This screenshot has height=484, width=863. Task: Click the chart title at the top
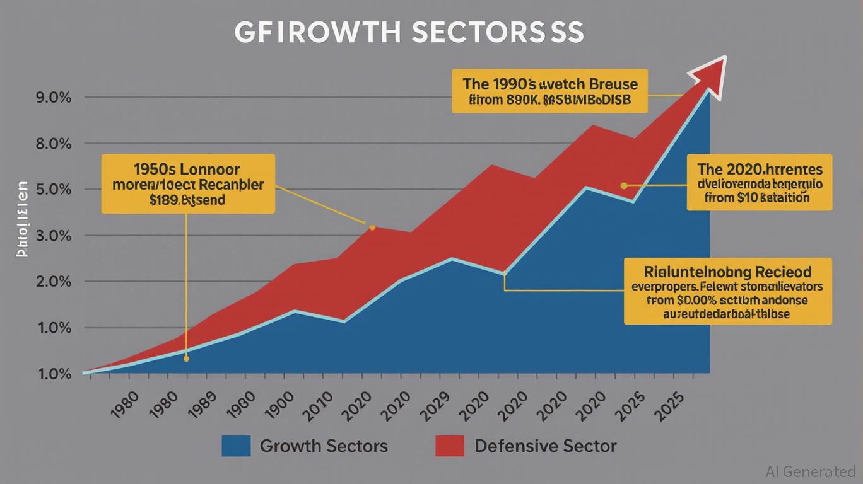[x=409, y=33]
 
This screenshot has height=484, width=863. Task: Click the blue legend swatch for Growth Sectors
[x=236, y=446]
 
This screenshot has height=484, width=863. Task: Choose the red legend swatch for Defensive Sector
[x=450, y=446]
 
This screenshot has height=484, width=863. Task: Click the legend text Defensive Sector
[x=545, y=446]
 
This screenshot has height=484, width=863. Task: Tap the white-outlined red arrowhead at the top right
[x=710, y=70]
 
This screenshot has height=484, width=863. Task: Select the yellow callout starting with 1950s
[x=188, y=183]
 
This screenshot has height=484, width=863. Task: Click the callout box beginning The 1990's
[x=550, y=91]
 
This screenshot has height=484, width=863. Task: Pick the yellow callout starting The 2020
[x=760, y=182]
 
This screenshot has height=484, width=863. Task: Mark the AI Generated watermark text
[x=810, y=471]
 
